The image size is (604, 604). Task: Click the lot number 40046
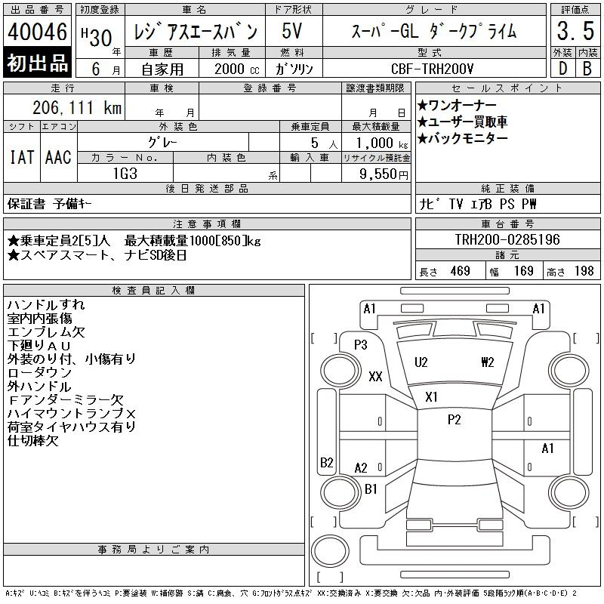click(37, 32)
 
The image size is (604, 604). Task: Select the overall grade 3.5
click(575, 31)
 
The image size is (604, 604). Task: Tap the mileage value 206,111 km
click(77, 107)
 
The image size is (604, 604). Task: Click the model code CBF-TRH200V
click(432, 69)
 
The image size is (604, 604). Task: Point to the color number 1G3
click(125, 174)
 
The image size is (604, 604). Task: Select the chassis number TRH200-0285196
click(507, 239)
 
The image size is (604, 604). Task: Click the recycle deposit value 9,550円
click(384, 174)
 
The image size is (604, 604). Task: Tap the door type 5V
click(292, 31)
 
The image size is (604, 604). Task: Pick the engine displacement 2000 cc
click(236, 69)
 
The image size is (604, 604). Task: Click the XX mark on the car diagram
click(375, 376)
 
